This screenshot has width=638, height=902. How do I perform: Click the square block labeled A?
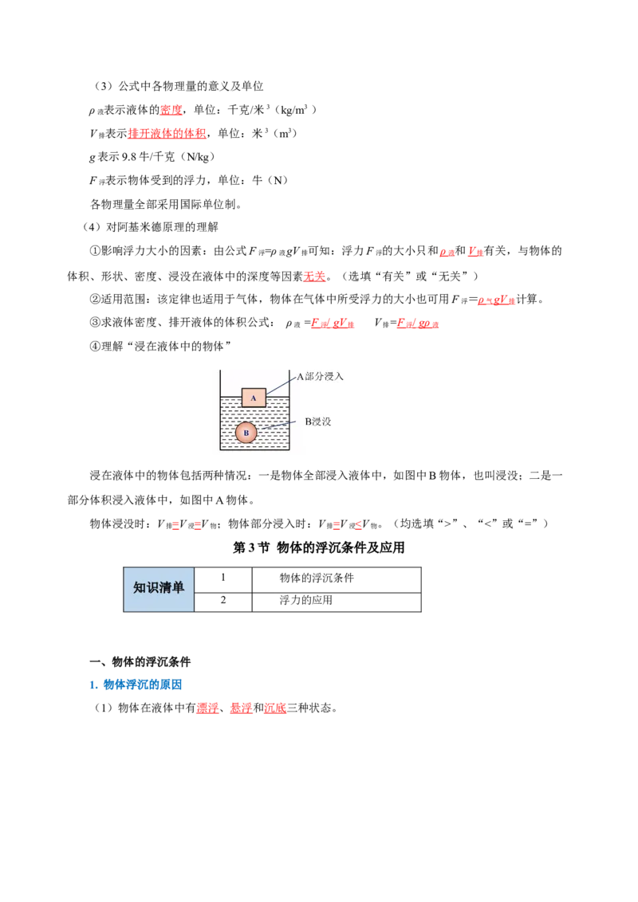tap(254, 398)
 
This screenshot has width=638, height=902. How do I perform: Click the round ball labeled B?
tap(246, 433)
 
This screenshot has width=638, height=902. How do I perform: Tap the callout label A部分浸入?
tap(320, 376)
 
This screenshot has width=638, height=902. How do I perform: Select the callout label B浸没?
tap(318, 422)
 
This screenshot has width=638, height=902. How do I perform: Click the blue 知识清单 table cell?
tap(159, 589)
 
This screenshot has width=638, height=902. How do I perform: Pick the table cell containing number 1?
tap(223, 579)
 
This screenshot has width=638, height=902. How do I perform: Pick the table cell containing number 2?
tap(223, 602)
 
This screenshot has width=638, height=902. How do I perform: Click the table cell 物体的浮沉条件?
tap(337, 579)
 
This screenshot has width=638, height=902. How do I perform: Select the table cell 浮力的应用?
tap(337, 602)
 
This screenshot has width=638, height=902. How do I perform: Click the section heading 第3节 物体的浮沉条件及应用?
tap(318, 547)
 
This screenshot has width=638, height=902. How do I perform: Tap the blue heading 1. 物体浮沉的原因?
tap(136, 684)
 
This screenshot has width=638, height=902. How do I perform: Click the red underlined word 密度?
tap(171, 110)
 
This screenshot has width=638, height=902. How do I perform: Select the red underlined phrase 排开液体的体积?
tap(167, 133)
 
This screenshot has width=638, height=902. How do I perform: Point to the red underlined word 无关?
tap(314, 276)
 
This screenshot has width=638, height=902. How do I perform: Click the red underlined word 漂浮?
tap(208, 708)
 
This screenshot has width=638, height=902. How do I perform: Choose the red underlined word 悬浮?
tap(242, 708)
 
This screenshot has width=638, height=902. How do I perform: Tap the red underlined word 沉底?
tap(275, 708)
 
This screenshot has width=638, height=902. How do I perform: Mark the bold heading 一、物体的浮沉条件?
tap(140, 661)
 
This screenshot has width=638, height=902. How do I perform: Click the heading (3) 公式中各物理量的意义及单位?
tap(178, 86)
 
